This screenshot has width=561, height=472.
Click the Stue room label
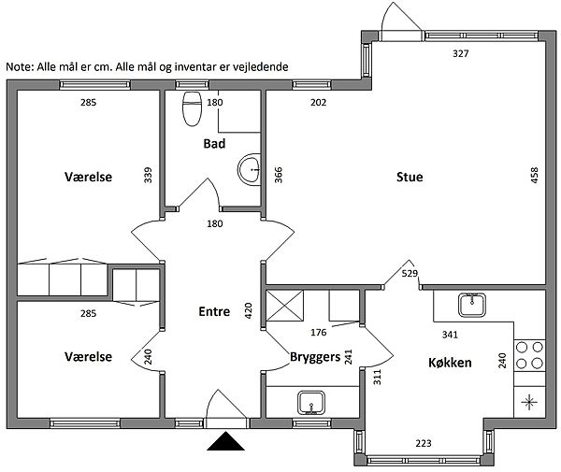pyautogui.click(x=410, y=177)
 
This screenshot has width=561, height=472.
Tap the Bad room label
pyautogui.click(x=214, y=143)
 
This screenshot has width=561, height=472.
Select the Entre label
pyautogui.click(x=214, y=311)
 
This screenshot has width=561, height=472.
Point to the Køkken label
pyautogui.click(x=450, y=363)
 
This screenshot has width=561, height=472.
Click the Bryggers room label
pyautogui.click(x=315, y=357)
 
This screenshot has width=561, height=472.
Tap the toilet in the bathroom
pyautogui.click(x=192, y=108)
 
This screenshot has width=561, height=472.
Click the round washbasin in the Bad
pyautogui.click(x=249, y=170)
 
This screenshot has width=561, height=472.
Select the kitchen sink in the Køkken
pyautogui.click(x=472, y=305)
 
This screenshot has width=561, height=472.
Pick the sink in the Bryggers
pyautogui.click(x=311, y=403)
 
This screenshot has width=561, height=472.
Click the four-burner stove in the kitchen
pyautogui.click(x=529, y=355)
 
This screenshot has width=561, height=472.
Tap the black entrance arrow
pyautogui.click(x=225, y=441)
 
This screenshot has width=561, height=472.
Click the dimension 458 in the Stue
pyautogui.click(x=534, y=175)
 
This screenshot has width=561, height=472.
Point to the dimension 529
pyautogui.click(x=410, y=274)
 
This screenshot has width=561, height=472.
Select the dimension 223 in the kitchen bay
pyautogui.click(x=424, y=443)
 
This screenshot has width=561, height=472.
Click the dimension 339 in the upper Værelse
pyautogui.click(x=148, y=175)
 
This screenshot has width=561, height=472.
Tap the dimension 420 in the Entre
pyautogui.click(x=248, y=310)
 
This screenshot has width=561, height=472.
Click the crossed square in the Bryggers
pyautogui.click(x=285, y=306)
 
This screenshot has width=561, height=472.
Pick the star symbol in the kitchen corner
pyautogui.click(x=529, y=402)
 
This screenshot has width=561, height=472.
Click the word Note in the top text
pyautogui.click(x=19, y=67)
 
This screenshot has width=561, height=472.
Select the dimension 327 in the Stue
pyautogui.click(x=460, y=53)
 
